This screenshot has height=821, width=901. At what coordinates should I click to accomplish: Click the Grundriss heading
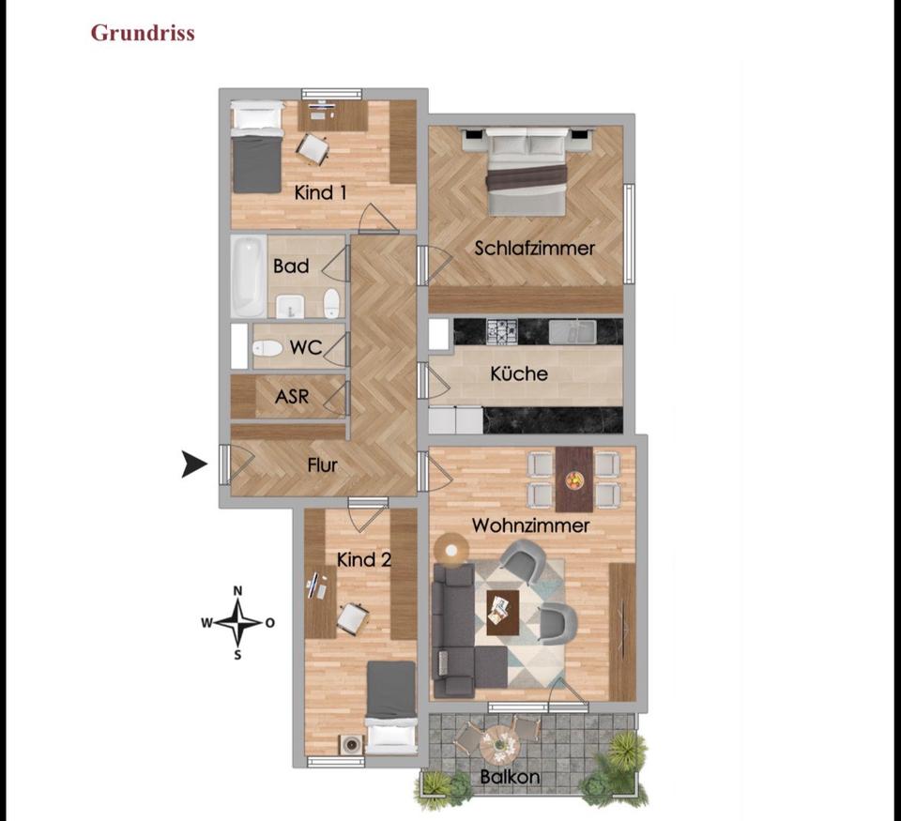pyautogui.click(x=143, y=33)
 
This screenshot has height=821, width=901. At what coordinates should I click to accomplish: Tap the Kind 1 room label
pyautogui.click(x=321, y=193)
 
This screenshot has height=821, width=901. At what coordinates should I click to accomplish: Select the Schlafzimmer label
pyautogui.click(x=534, y=249)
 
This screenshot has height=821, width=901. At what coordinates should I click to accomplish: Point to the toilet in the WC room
pyautogui.click(x=267, y=348)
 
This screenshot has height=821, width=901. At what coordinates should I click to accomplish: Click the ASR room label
pyautogui.click(x=292, y=397)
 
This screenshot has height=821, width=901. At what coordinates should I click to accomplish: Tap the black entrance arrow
pyautogui.click(x=194, y=464)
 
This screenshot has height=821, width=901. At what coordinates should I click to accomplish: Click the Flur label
pyautogui.click(x=322, y=464)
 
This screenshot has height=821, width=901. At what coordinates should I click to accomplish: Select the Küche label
pyautogui.click(x=519, y=373)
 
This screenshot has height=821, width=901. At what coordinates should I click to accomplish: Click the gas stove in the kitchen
pyautogui.click(x=501, y=330)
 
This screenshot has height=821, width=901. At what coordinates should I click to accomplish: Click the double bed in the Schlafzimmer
pyautogui.click(x=527, y=170)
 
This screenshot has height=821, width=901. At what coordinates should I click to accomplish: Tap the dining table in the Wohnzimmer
pyautogui.click(x=573, y=478)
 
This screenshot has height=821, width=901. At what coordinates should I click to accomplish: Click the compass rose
pyautogui.click(x=238, y=622)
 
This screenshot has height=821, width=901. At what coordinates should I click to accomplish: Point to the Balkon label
pyautogui.click(x=510, y=777)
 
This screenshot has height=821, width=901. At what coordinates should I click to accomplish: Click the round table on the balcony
pyautogui.click(x=498, y=746)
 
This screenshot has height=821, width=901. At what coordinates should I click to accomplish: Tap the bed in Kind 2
pyautogui.click(x=390, y=706)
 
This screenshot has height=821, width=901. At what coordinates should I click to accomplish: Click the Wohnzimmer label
pyautogui.click(x=530, y=525)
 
